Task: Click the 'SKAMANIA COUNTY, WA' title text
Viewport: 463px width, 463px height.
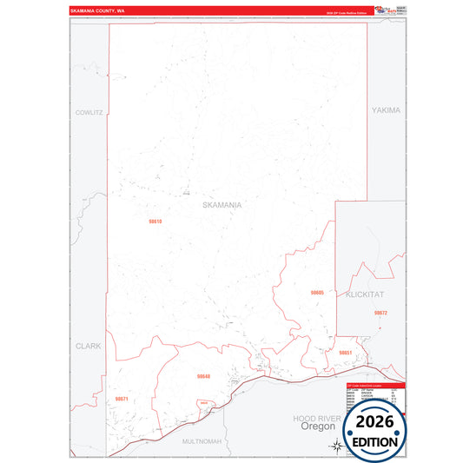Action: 98,11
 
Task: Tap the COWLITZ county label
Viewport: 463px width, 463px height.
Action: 89,112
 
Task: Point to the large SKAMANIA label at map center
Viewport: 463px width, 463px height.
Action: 222,205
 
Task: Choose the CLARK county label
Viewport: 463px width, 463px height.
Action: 88,345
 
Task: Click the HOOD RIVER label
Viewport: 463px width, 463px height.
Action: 314,418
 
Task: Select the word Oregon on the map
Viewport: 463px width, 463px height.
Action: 312,427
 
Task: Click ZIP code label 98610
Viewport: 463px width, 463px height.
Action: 155,222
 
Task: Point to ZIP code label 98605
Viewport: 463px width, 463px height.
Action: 317,293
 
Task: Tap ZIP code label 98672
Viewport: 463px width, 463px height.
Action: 380,312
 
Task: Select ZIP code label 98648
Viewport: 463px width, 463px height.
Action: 203,376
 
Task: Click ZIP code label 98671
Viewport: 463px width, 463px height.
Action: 122,399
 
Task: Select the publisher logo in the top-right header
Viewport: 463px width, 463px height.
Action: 386,10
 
